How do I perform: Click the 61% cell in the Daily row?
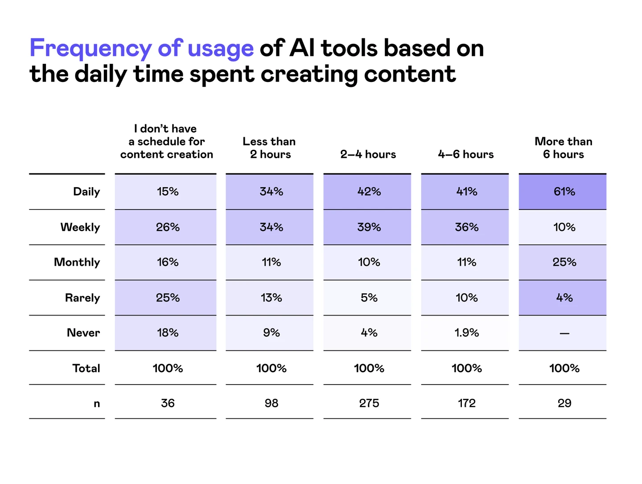tap(564, 192)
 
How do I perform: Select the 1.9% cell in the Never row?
tap(466, 333)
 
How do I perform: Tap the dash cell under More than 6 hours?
tap(564, 333)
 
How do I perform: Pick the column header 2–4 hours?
tap(368, 154)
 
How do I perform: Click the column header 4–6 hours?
tap(465, 154)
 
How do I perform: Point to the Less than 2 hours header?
tap(269, 148)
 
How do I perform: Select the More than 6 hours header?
tap(563, 148)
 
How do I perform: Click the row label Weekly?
tap(80, 227)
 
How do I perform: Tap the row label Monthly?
tap(77, 262)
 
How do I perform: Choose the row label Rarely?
tap(82, 298)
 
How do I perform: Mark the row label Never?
tap(83, 333)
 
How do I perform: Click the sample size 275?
tap(369, 403)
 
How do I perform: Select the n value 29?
tap(564, 403)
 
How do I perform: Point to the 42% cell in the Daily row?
tap(369, 192)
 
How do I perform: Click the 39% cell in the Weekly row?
tap(369, 227)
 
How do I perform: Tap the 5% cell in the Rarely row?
tap(369, 298)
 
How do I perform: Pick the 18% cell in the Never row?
tap(168, 333)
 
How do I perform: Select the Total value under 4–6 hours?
tap(466, 368)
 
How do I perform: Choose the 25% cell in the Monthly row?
tap(564, 262)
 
